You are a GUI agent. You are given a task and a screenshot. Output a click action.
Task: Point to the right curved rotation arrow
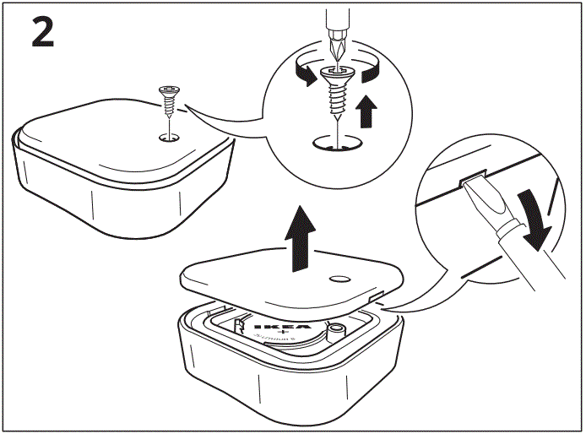tap(368, 73)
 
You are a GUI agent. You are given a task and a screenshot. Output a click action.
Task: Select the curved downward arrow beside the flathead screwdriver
tap(534, 220)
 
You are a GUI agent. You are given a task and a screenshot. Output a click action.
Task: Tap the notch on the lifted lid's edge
tap(377, 297)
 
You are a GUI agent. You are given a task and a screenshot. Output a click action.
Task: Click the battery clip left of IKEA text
tap(238, 324)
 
